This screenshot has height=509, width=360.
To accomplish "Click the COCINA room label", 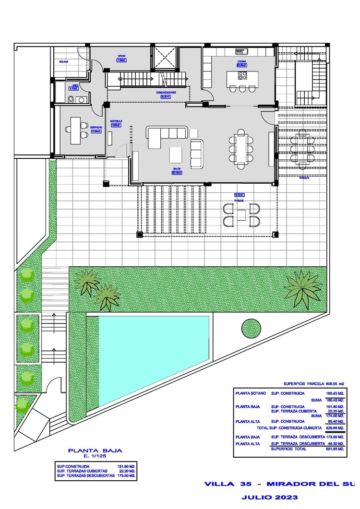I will tap(241, 62).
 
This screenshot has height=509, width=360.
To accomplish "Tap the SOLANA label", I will tap(63, 62).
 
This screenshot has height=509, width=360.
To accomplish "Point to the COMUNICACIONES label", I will tap(166, 92).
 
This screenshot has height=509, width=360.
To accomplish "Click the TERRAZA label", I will tap(304, 177).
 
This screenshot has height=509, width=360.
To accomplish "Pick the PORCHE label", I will tap(239, 201).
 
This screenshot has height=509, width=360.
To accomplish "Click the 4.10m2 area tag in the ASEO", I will tap(73, 88).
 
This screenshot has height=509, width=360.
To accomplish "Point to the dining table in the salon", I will tap(240, 148).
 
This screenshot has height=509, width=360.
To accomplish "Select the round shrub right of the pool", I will tap(252, 329).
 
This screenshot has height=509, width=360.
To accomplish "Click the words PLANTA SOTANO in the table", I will tap(251, 393).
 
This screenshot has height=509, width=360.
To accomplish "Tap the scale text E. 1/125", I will tap(95, 457).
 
